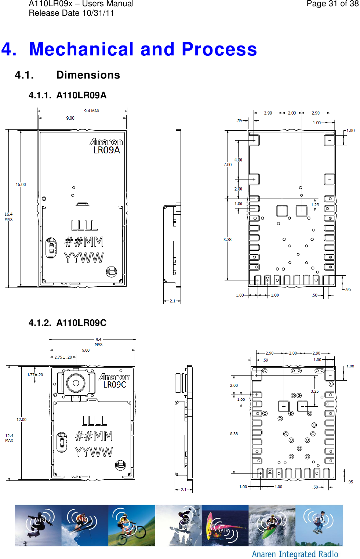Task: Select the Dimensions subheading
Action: (88, 75)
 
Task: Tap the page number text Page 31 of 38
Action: (332, 4)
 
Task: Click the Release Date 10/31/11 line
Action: (72, 13)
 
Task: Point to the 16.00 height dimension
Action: (21, 185)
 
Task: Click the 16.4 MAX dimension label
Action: (8, 217)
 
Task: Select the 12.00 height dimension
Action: (21, 420)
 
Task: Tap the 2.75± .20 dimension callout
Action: (63, 357)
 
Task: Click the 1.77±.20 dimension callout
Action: (35, 375)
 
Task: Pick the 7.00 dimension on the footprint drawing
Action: (228, 165)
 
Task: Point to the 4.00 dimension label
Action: (238, 160)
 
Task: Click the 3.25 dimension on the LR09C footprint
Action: (314, 391)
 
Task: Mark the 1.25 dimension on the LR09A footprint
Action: (315, 205)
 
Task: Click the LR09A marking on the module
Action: (106, 150)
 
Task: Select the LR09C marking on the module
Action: (114, 385)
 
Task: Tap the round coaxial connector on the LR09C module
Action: (76, 383)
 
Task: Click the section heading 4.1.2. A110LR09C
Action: (68, 323)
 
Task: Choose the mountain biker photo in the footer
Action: (131, 525)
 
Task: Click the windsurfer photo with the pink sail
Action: (225, 525)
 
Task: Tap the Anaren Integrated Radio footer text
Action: (295, 554)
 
